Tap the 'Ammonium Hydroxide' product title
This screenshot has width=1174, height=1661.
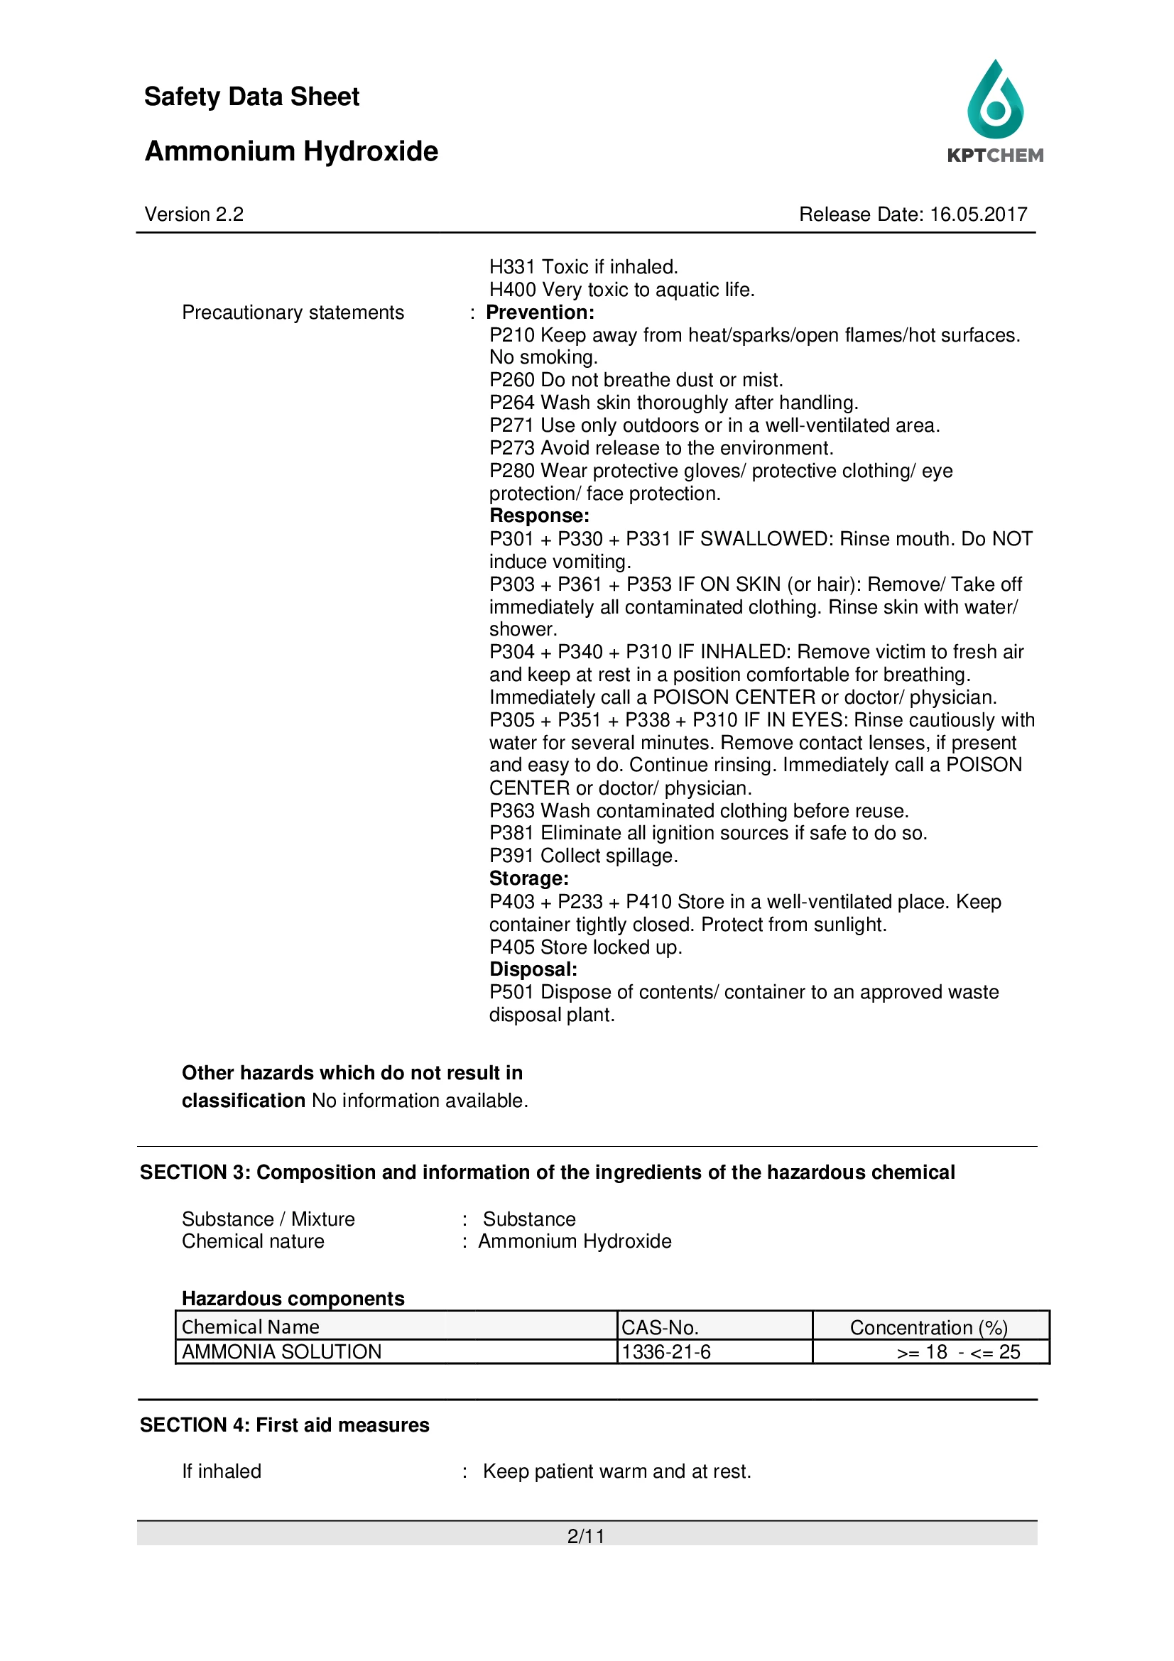290,152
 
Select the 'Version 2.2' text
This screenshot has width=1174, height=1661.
194,215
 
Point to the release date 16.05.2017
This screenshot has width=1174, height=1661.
978,215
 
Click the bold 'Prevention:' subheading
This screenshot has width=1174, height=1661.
540,312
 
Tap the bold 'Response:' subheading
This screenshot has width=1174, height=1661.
539,516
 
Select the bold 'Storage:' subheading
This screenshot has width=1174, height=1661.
529,879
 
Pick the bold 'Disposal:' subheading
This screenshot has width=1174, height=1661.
533,969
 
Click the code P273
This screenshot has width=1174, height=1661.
511,449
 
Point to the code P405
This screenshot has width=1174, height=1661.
511,947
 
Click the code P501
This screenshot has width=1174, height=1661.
511,993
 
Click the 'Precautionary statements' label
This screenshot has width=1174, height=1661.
293,312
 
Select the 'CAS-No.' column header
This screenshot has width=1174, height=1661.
660,1327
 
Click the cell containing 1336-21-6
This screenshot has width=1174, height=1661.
666,1352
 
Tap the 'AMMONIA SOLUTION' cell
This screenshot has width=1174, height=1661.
281,1352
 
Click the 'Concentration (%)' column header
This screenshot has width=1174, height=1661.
929,1327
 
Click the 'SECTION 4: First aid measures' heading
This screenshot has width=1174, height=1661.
284,1425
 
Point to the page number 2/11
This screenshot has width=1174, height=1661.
586,1536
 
